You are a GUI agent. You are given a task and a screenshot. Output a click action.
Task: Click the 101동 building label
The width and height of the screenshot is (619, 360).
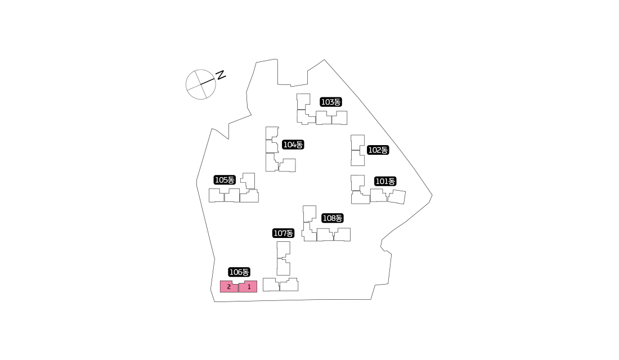[x=385, y=181]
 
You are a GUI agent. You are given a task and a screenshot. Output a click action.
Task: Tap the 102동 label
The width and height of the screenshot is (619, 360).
[x=378, y=150]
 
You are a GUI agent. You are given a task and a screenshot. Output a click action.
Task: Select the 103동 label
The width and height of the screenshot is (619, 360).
[x=331, y=102]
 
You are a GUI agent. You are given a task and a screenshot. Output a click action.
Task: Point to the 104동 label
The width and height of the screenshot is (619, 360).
[x=293, y=145]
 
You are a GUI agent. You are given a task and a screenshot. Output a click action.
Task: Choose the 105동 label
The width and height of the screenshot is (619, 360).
[x=225, y=180]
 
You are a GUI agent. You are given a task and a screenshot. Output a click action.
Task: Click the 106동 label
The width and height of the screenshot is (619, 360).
[x=239, y=272]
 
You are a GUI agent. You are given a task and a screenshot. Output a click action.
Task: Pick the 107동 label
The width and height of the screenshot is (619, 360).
[x=284, y=233]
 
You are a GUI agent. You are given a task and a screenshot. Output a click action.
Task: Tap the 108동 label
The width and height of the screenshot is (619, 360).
[x=333, y=218]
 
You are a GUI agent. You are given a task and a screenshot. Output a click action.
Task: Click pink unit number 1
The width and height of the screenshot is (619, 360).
[x=249, y=287]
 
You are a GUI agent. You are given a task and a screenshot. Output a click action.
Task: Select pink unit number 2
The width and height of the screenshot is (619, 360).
[x=228, y=287]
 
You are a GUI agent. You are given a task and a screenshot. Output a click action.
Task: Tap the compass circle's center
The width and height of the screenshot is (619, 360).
[x=201, y=84]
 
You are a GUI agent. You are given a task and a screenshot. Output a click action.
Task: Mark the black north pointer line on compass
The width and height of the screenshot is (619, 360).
[x=208, y=82]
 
